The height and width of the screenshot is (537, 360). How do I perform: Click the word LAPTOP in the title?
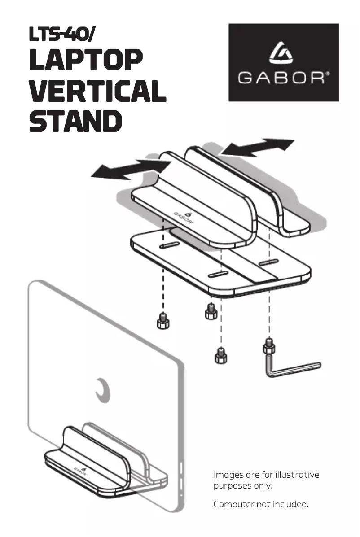pyautogui.click(x=86, y=60)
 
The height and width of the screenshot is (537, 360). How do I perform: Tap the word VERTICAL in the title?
pyautogui.click(x=97, y=91)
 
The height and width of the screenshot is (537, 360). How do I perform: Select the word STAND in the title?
pyautogui.click(x=75, y=121)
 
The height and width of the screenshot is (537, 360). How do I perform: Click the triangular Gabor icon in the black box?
pyautogui.click(x=281, y=53)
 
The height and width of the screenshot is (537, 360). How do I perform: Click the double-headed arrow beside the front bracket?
pyautogui.click(x=131, y=169)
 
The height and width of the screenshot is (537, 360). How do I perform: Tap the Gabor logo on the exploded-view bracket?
pyautogui.click(x=184, y=217)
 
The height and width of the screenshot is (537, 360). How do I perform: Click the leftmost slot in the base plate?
pyautogui.click(x=169, y=245)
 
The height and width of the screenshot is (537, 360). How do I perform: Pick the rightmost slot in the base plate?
pyautogui.click(x=268, y=263)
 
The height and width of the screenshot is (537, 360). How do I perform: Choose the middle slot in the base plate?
pyautogui.click(x=218, y=274)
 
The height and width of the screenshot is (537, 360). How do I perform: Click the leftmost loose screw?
pyautogui.click(x=163, y=321)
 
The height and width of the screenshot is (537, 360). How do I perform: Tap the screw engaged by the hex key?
pyautogui.click(x=269, y=346)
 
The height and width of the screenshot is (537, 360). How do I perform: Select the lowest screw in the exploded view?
pyautogui.click(x=221, y=356)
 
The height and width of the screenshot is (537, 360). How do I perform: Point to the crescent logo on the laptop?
pyautogui.click(x=103, y=390)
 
